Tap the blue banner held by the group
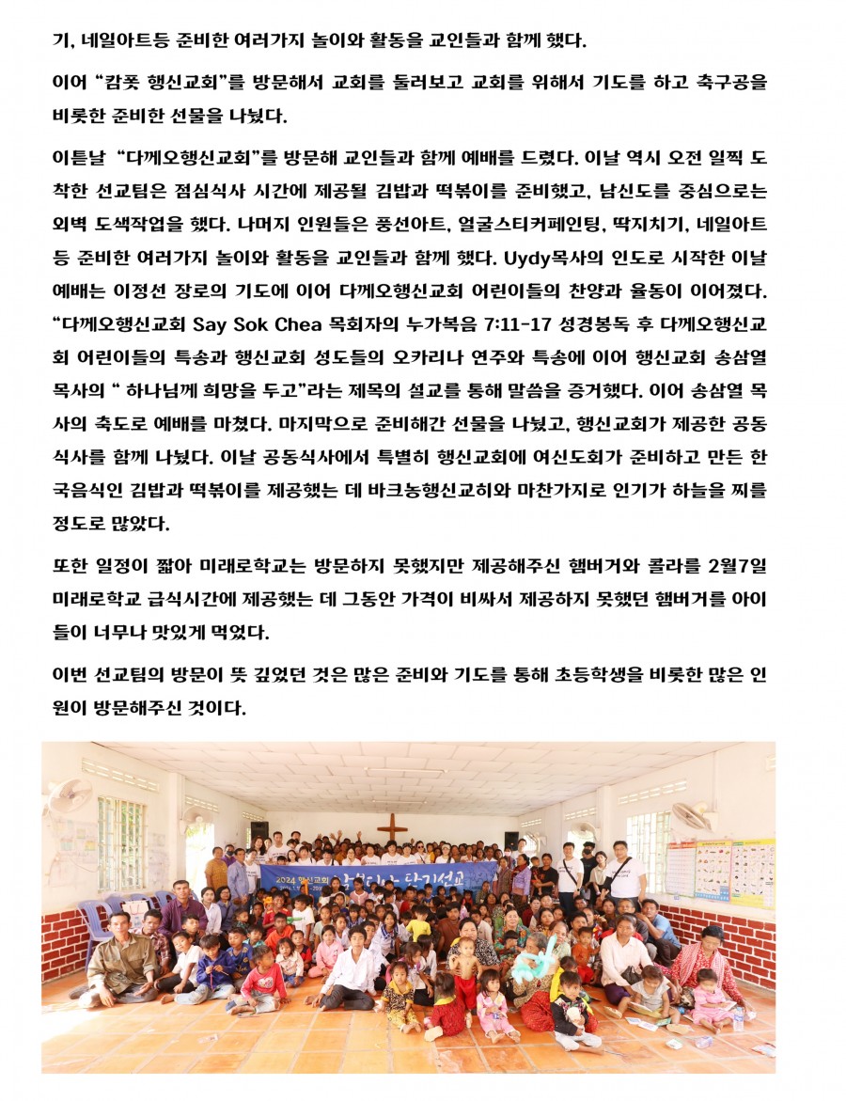376,876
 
